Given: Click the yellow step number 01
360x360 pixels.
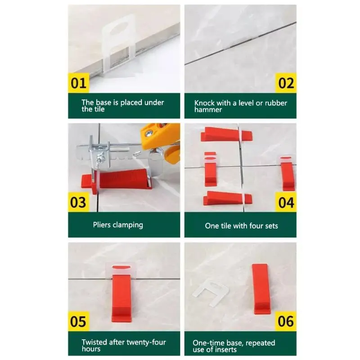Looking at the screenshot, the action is [x=78, y=83].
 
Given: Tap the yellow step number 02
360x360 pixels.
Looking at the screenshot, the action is [x=286, y=83].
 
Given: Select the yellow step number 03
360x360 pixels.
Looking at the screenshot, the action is [x=78, y=202].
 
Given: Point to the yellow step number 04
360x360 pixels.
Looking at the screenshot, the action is [x=286, y=202].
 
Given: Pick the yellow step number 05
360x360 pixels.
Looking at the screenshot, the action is [x=78, y=321].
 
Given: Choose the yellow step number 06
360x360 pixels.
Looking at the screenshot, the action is [x=286, y=321].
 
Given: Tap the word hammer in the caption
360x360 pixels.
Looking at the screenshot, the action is [x=208, y=110].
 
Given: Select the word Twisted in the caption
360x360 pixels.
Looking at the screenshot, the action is [x=94, y=342].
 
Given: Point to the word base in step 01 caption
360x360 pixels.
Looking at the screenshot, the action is [x=103, y=103].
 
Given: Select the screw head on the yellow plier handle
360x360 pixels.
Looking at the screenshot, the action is [x=149, y=132].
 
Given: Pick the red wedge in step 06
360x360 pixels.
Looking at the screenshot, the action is [x=261, y=289].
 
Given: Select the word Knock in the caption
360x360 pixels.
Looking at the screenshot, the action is [x=204, y=103].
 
